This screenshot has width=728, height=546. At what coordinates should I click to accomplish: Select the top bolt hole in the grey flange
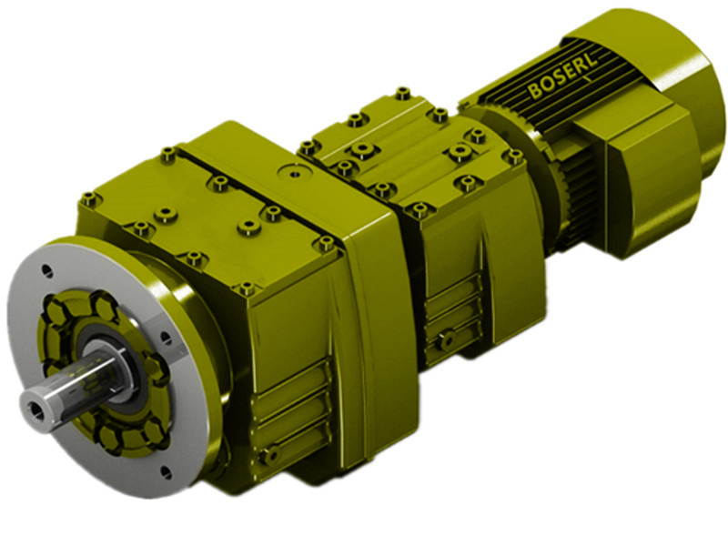pos(47,270)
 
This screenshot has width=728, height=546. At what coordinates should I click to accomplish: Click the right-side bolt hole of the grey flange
pos(166,338)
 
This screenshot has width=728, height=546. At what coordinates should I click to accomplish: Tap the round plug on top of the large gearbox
pos(292,170)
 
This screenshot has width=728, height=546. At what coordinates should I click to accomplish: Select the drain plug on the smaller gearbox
pos(445,341)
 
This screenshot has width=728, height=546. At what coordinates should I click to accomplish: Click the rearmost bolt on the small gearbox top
pos(402,93)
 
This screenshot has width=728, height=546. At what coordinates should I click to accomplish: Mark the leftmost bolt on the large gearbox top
pos(88,198)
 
